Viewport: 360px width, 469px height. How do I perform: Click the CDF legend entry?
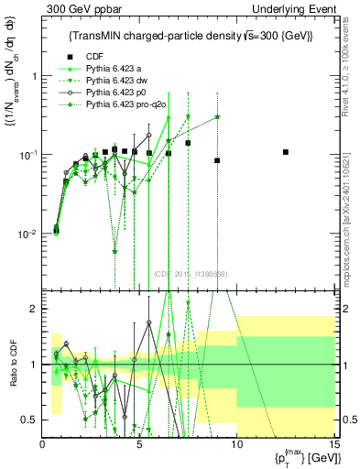[92, 57]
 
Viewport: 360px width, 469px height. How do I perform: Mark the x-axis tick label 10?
[236, 445]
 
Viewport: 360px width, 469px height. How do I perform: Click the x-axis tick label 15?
[333, 445]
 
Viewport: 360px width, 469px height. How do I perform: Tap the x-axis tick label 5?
[139, 445]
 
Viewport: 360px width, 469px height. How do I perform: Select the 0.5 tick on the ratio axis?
[33, 420]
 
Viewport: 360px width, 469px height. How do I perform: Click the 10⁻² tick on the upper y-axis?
[26, 234]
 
